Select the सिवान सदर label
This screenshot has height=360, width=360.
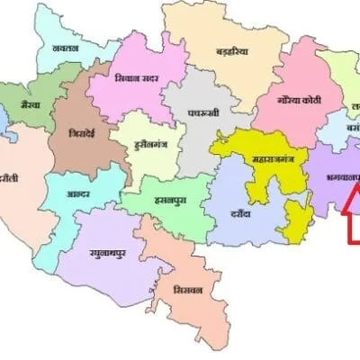coord(138,78)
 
